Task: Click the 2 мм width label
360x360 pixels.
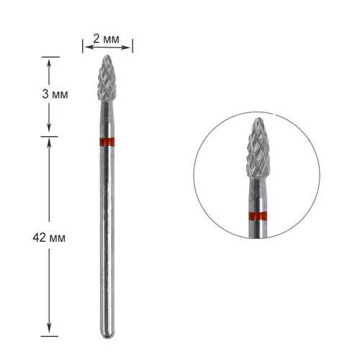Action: (106, 39)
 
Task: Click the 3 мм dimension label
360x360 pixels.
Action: (55, 94)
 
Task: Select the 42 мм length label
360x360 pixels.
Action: (49, 238)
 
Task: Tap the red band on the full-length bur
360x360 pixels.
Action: (107, 142)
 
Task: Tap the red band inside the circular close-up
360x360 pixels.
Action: (258, 217)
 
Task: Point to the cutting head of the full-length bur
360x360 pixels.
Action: (107, 78)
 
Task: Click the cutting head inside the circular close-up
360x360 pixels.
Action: (258, 149)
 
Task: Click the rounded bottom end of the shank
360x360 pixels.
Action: (107, 335)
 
